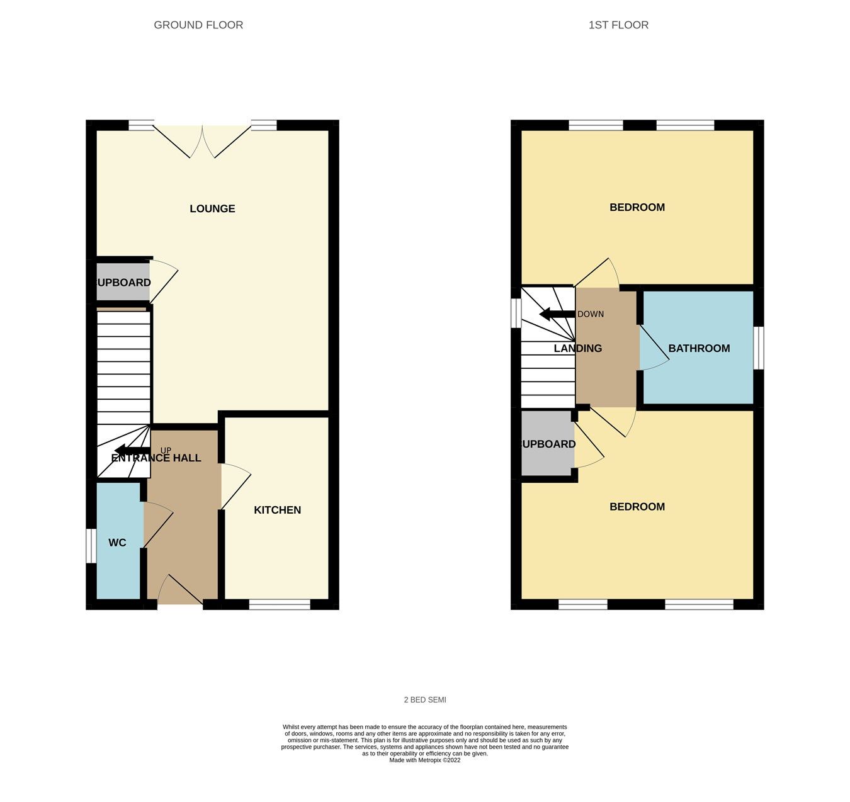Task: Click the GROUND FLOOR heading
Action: tap(198, 25)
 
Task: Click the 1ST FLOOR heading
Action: tap(618, 25)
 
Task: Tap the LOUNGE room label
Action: tap(212, 208)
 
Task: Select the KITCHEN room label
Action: tap(277, 510)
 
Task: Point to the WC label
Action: tap(117, 543)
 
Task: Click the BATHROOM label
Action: tap(699, 348)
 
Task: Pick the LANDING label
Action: tap(577, 348)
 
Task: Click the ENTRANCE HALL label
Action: tap(156, 458)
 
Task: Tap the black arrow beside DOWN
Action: tap(553, 314)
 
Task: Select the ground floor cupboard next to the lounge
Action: tap(123, 283)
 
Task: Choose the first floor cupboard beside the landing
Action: tap(547, 444)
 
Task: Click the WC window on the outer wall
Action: tap(91, 545)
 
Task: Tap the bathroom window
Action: tap(759, 347)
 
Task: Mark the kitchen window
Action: tap(280, 605)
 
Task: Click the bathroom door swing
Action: tap(653, 348)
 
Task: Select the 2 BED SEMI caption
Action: tap(425, 700)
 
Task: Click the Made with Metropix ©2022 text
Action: tap(425, 760)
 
